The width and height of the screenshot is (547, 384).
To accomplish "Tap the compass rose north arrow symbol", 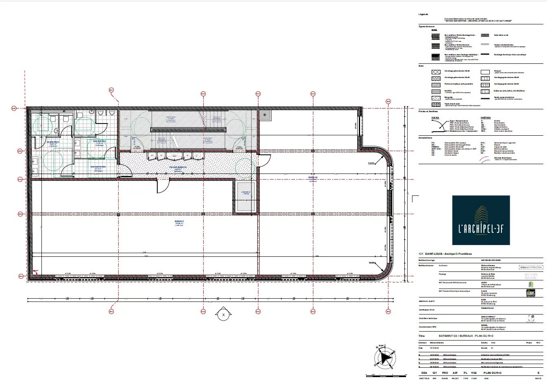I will coord(384,358).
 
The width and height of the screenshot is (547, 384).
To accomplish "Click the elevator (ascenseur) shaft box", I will coord(246,197).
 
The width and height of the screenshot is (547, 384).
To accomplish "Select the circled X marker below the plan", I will coord(223,315).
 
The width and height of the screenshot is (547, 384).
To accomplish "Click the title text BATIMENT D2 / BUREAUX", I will coord(466,336).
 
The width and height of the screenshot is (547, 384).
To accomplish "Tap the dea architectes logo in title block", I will coord(531,267).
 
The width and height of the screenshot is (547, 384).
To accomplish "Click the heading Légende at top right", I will coord(423,14).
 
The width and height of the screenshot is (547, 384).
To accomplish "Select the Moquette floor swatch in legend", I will coord(436,98).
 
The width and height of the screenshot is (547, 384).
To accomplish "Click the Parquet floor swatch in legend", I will coord(485,72).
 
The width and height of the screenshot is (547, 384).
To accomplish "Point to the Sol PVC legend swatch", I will coord(436,91).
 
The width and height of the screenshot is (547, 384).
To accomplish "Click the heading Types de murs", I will coord(426,26).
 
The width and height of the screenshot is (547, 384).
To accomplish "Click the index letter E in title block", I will coord(538,373).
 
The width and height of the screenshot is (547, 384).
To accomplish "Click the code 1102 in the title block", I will coord(474,373).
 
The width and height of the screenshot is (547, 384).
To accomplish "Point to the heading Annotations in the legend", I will coord(425,138).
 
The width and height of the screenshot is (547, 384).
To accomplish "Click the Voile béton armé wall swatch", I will coord(485,35).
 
